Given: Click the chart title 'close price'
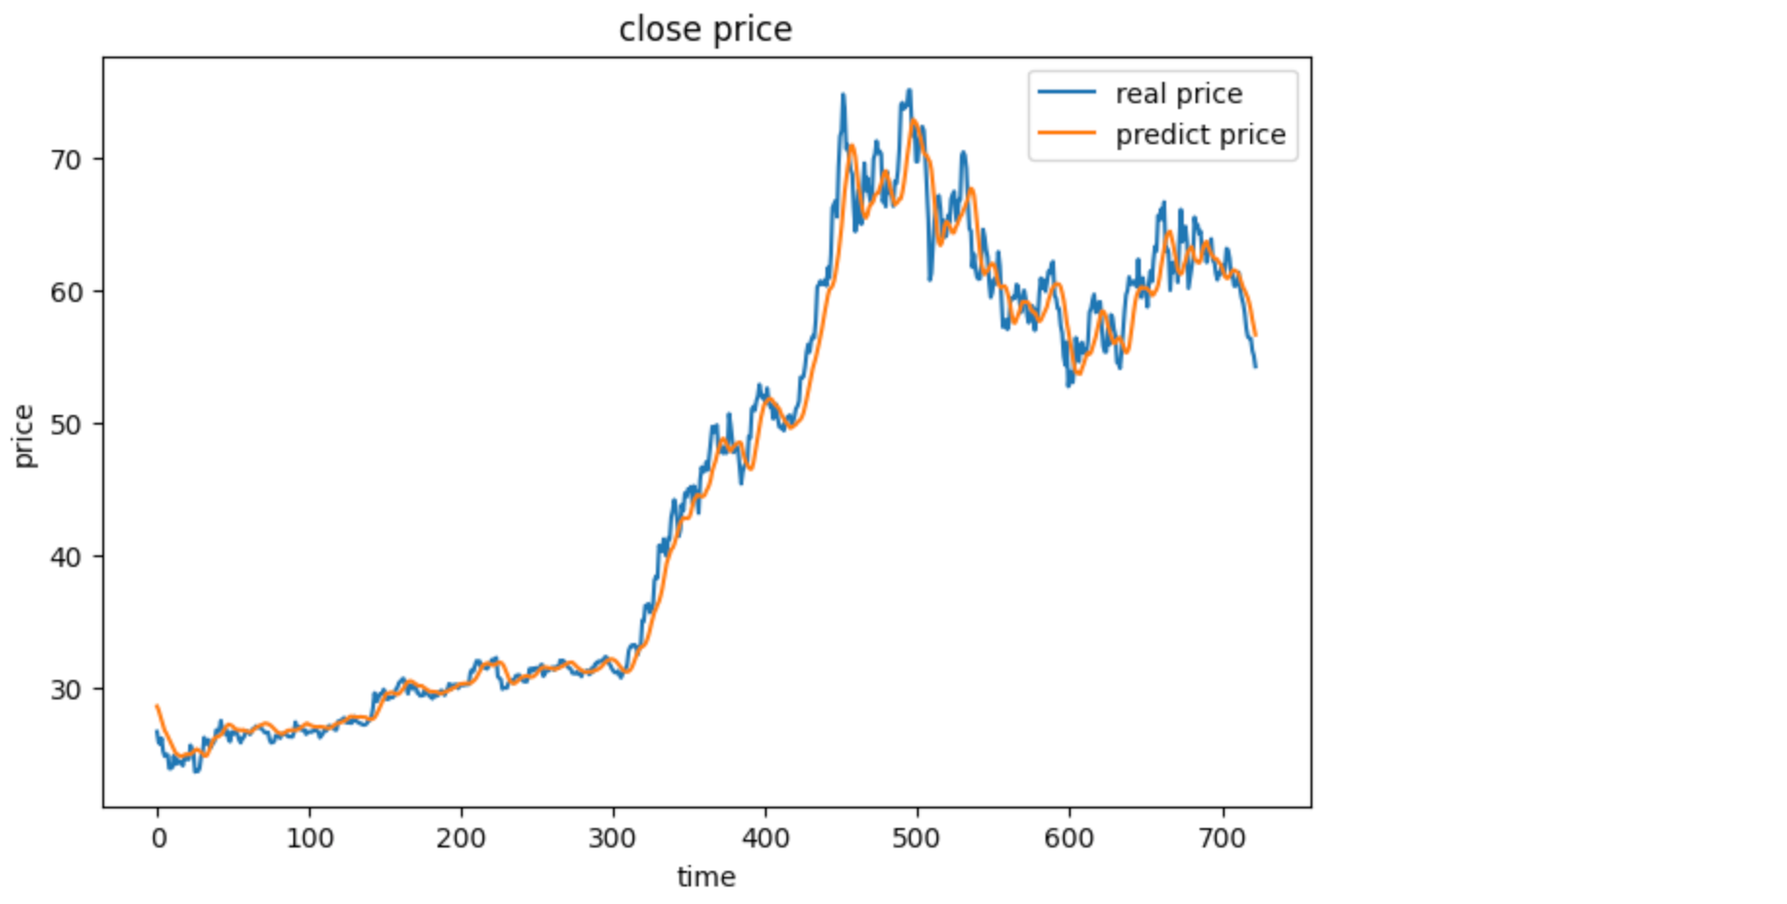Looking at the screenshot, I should [705, 29].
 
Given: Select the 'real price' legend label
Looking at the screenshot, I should [1179, 94].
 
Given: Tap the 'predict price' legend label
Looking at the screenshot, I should [1200, 134].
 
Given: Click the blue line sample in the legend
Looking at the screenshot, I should [1067, 94].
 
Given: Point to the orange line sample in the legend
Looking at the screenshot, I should [1067, 133].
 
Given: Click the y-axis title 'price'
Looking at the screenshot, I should [23, 435].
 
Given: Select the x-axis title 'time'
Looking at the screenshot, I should [706, 877].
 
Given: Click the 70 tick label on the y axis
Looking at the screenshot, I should [66, 160].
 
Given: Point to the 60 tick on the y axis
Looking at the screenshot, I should [66, 292].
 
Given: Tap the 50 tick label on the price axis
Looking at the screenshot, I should [66, 425].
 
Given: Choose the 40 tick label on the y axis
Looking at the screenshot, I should [66, 557].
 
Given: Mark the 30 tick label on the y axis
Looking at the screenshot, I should [66, 690].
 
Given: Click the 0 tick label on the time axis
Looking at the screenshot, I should [158, 838].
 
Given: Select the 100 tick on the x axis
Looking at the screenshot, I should [310, 838].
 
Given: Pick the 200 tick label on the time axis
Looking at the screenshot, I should [461, 838].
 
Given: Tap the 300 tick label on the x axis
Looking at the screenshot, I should [613, 838].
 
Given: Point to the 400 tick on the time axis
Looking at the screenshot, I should [765, 838].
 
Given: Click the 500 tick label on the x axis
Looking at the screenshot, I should [917, 838].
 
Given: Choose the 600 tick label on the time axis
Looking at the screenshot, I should [1069, 838].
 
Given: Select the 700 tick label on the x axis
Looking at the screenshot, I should [1222, 838].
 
